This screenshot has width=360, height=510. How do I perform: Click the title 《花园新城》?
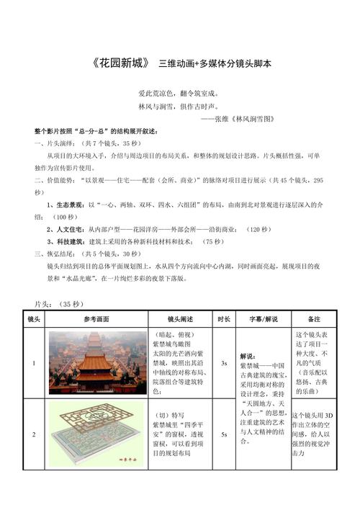122,63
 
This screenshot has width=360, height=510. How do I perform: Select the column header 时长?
224,318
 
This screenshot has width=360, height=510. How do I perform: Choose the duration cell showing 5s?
224,434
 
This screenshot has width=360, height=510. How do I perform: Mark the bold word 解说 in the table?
247,356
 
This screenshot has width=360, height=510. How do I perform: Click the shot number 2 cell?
34,434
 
